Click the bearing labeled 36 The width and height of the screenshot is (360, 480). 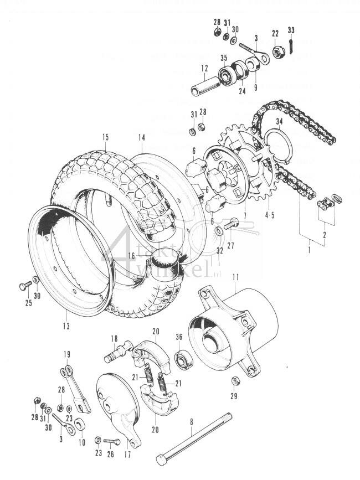pyautogui.click(x=181, y=360)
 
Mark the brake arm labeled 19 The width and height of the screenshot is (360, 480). pyautogui.click(x=76, y=388)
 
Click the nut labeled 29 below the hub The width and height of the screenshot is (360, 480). pyautogui.click(x=234, y=381)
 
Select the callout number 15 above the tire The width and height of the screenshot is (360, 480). pyautogui.click(x=105, y=137)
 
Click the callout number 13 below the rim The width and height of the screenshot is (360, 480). pyautogui.click(x=66, y=326)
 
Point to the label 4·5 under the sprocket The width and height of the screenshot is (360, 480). pyautogui.click(x=271, y=214)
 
